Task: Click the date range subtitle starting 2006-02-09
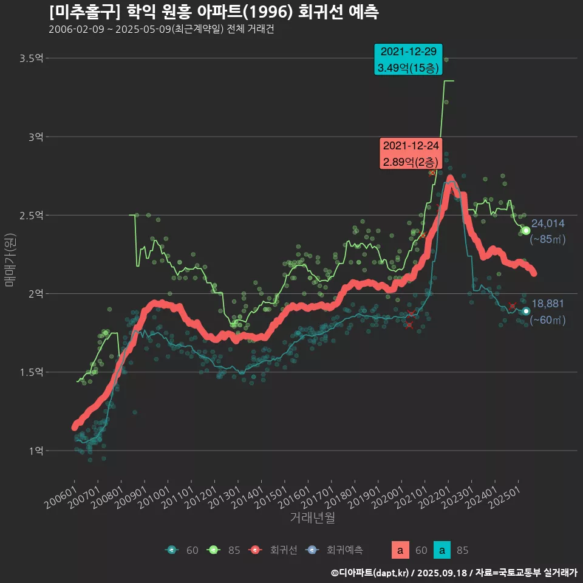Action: [x=161, y=30]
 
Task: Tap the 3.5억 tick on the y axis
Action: [x=32, y=58]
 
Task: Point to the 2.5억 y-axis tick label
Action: [x=32, y=216]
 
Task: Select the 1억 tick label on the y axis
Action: [x=35, y=451]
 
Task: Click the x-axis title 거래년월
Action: [x=312, y=517]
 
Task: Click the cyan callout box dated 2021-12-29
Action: [x=407, y=60]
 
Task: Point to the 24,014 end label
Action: [x=548, y=223]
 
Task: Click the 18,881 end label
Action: [x=548, y=304]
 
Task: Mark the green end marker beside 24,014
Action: [x=526, y=231]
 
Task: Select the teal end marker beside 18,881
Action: [x=526, y=311]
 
